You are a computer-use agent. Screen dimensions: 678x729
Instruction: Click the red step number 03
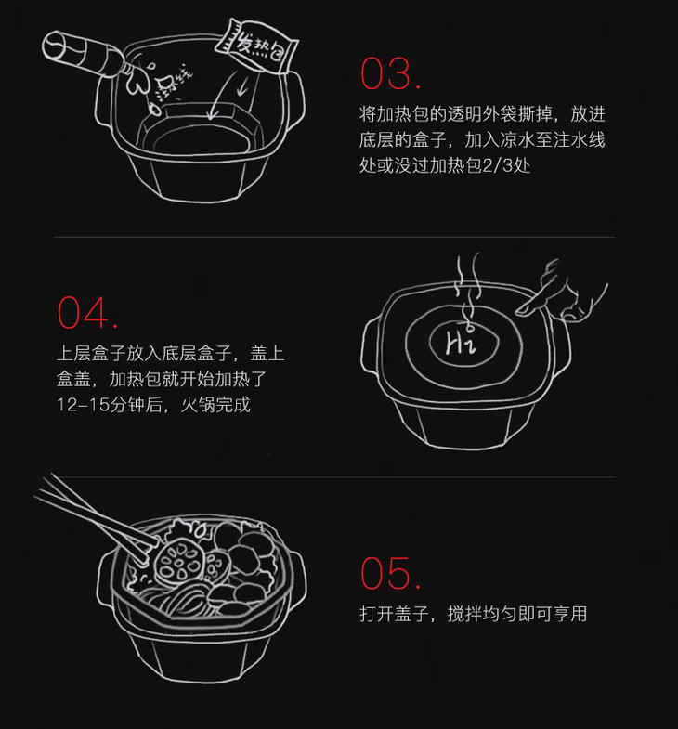click(391, 73)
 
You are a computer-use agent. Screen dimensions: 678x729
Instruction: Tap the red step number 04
click(87, 313)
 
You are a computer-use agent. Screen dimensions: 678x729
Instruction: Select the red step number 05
click(391, 573)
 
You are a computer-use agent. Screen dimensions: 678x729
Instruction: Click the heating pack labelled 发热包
click(256, 46)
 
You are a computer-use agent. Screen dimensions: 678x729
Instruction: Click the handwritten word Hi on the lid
click(461, 342)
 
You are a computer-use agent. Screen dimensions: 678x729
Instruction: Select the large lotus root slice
click(177, 561)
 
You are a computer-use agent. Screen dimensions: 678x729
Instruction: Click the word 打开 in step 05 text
click(377, 614)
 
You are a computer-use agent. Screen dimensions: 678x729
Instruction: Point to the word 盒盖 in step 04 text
click(74, 380)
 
